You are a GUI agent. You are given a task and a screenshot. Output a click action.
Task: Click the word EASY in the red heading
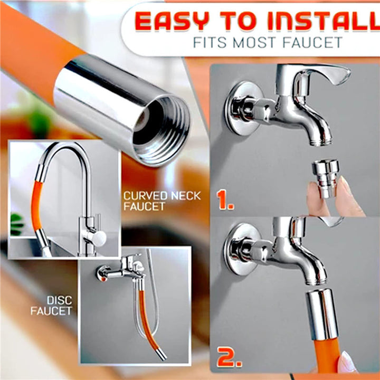tap(172, 21)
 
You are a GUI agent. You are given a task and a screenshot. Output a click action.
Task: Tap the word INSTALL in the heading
tap(324, 21)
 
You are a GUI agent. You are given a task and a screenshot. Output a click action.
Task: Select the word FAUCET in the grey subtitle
tap(312, 43)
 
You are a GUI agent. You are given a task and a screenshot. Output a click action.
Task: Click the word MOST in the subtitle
tap(254, 43)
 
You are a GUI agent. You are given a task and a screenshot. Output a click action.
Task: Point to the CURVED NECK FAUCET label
tap(162, 201)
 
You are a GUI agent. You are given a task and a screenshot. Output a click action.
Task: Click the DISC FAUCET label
tap(52, 306)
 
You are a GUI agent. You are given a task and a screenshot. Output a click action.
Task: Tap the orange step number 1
tap(225, 199)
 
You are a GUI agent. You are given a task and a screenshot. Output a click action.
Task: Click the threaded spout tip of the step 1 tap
tap(320, 140)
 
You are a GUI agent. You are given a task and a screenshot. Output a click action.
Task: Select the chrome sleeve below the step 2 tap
tap(322, 314)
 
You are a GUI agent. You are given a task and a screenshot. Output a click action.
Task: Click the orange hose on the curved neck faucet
tap(36, 206)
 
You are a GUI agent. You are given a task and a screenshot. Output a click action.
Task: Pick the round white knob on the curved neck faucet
tap(99, 239)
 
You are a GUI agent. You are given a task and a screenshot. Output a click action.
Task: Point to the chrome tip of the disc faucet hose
tap(161, 355)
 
